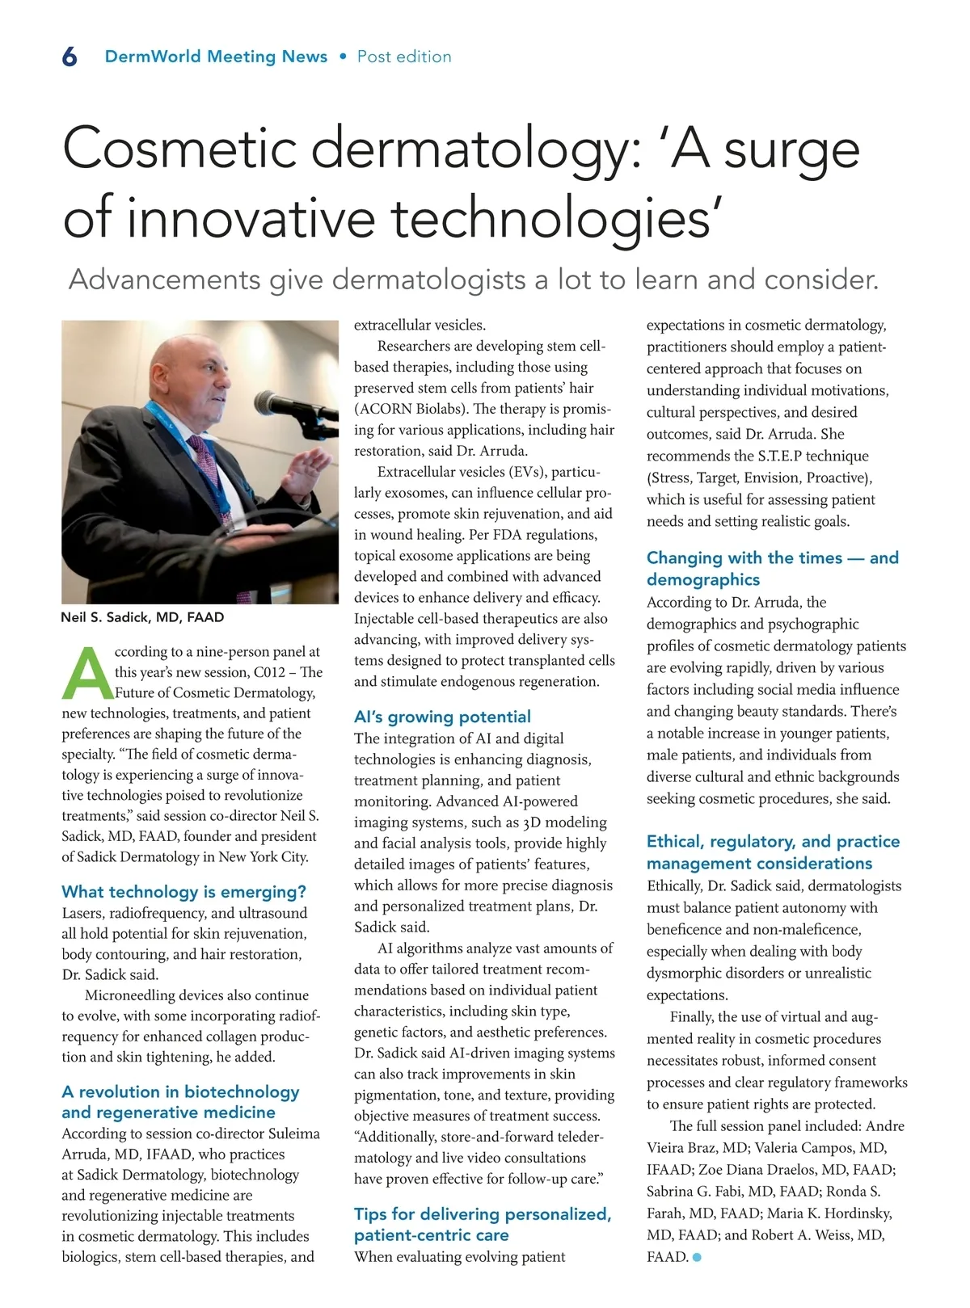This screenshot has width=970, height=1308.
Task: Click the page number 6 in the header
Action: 70,57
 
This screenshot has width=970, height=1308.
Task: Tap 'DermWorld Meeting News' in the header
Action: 216,57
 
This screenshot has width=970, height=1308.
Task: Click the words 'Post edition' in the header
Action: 404,57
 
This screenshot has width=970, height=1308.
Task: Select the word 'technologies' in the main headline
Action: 550,218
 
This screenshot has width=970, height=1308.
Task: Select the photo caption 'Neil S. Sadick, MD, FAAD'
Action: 142,617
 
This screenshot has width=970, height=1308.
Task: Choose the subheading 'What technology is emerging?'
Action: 184,892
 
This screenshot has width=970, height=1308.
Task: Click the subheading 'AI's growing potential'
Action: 442,717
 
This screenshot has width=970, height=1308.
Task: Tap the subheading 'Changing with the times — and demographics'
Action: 772,568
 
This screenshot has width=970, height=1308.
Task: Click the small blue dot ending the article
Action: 697,1257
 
